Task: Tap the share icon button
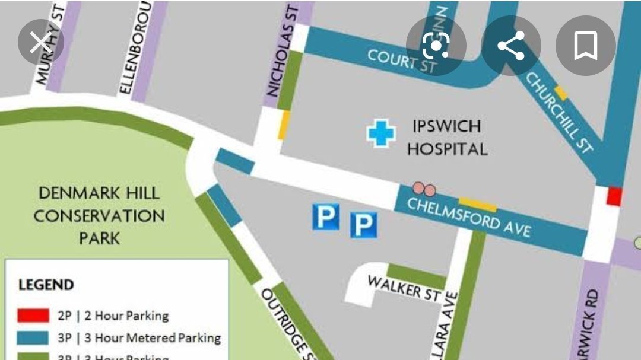point(510,46)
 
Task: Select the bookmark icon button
point(585,46)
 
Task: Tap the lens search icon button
point(436,46)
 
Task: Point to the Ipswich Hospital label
point(447,138)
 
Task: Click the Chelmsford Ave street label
point(468,216)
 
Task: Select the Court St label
point(402,61)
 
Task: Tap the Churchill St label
point(560,112)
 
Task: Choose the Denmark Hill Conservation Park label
point(99,215)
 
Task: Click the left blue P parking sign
point(325,217)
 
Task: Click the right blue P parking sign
point(364,225)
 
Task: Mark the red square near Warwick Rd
point(614,196)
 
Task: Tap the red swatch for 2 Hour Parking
point(33,316)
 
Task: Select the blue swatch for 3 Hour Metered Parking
point(33,338)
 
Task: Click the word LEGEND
point(46,285)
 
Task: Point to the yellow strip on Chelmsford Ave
point(478,205)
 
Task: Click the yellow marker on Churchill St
point(560,93)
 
